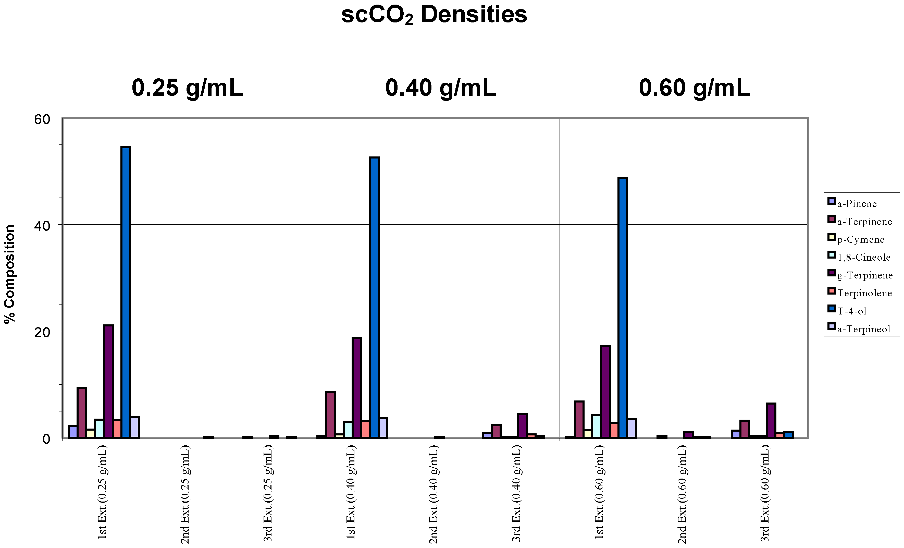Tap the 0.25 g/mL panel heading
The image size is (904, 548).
click(x=187, y=88)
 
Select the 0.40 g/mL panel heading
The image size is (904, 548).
click(x=441, y=88)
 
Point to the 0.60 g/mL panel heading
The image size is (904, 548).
click(x=694, y=88)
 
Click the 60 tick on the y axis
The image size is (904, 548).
click(x=42, y=119)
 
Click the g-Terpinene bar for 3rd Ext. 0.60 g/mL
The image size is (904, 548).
click(x=771, y=421)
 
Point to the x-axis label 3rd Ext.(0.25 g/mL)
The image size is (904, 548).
click(x=268, y=493)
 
